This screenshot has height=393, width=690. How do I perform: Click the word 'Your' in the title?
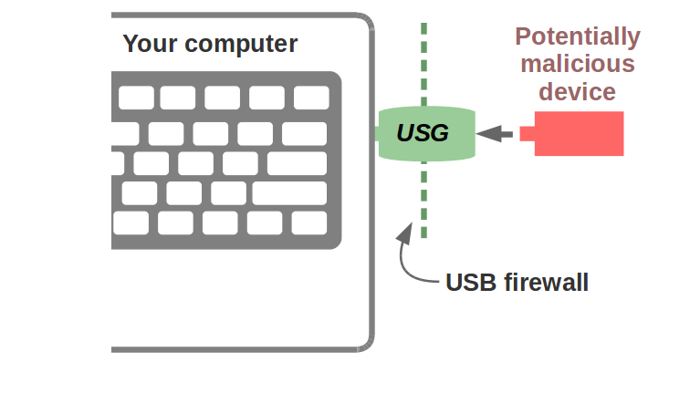point(151,44)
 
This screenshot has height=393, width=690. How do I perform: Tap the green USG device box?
point(427,132)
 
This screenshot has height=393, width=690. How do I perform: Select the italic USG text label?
point(423,133)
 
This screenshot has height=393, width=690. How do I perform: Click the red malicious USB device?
point(579,134)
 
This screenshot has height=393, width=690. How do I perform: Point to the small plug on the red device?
point(527,134)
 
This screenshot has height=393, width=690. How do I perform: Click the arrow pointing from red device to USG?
point(494,133)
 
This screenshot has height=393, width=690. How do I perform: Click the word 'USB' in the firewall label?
point(470,283)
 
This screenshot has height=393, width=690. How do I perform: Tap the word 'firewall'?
point(546,283)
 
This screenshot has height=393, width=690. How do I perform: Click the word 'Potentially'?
point(578,37)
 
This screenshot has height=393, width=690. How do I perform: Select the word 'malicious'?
point(578,64)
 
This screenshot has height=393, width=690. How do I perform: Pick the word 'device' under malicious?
point(578,91)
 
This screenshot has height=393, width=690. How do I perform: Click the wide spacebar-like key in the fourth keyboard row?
point(288,193)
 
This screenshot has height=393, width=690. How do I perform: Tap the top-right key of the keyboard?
point(311,98)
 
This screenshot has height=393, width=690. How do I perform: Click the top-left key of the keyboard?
point(136,98)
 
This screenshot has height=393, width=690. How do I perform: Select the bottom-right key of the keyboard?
point(309,222)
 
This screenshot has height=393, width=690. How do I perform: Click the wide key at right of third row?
point(297,164)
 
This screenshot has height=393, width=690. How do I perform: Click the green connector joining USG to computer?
point(375,133)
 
